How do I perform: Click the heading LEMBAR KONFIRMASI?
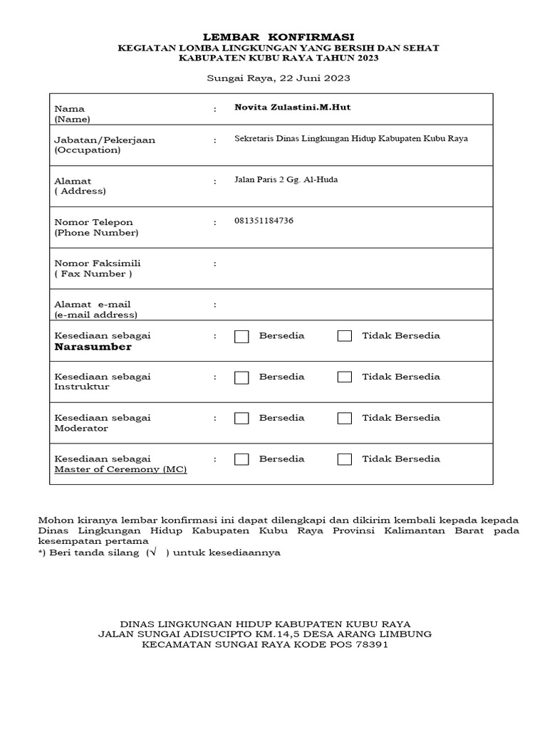tap(278, 36)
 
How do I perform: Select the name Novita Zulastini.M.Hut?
tap(293, 107)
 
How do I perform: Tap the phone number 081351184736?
tap(264, 221)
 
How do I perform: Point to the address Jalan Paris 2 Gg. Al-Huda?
tap(286, 179)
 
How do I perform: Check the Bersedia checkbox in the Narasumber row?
tap(241, 336)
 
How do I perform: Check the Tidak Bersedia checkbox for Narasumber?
tap(345, 336)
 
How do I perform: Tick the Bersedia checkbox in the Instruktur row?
tap(241, 377)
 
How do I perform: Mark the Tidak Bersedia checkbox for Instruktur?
tap(345, 377)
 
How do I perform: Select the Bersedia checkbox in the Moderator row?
tap(241, 419)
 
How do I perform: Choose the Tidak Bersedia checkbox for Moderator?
tap(345, 419)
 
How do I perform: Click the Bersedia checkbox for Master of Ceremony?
tap(241, 459)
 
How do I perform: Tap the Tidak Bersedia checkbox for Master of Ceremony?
tap(345, 459)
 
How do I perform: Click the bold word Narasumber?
tap(93, 347)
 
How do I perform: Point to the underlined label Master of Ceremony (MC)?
tap(120, 470)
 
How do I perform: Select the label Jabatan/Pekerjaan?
tap(105, 140)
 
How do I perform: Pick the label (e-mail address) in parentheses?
tap(96, 315)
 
